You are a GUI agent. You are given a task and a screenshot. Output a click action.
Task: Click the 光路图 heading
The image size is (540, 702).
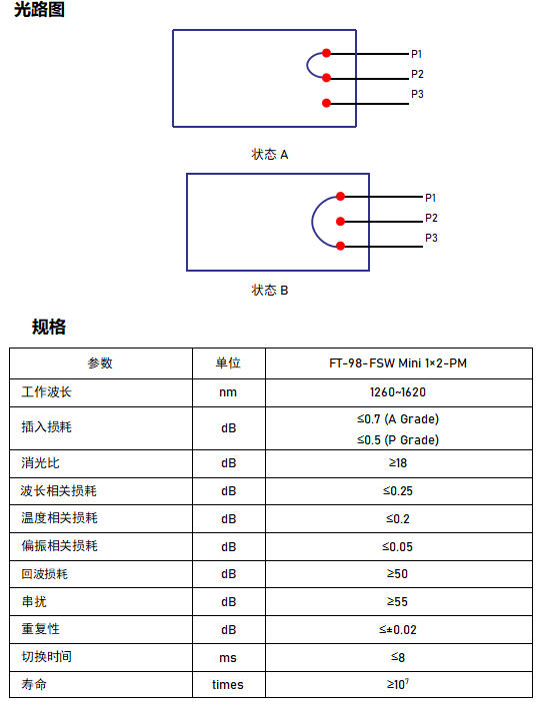coord(39,9)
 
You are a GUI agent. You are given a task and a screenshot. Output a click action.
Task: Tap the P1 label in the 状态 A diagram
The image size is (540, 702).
coord(417,54)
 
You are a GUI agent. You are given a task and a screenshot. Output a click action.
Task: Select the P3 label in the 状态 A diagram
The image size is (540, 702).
coord(417,94)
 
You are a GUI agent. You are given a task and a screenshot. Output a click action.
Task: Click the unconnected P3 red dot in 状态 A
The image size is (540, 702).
coord(327,104)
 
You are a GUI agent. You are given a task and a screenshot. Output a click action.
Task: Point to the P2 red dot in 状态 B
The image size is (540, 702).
coord(340,221)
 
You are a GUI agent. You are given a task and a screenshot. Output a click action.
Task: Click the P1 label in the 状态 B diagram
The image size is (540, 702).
coord(431,198)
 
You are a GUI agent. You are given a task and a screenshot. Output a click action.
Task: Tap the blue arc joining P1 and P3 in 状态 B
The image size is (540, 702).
coord(312,221)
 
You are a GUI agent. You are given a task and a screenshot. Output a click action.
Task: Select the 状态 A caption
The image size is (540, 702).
coord(270,155)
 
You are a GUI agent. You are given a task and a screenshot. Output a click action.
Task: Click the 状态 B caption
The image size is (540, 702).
coord(270,291)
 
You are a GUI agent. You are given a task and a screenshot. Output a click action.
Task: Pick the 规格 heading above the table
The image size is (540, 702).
coord(49,327)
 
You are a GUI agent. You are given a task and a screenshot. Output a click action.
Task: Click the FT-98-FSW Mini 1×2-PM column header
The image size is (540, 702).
coord(398,363)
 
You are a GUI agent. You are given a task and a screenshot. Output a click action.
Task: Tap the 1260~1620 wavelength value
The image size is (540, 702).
coord(398,392)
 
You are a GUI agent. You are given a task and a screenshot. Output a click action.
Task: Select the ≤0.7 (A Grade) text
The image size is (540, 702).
coord(398,419)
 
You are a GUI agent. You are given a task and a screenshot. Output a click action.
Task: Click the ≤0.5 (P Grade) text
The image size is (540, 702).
coord(398,440)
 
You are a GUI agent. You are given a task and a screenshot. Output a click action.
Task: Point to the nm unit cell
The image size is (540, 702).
coord(228,392)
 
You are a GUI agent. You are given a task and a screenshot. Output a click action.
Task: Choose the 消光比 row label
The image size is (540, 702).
coord(40,463)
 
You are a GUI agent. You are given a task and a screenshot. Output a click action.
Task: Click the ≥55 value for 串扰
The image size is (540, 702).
coord(397,602)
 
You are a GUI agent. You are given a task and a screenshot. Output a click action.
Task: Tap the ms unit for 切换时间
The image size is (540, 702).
coord(228,658)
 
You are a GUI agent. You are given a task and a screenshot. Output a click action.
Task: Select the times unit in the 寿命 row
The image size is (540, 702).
coord(228,685)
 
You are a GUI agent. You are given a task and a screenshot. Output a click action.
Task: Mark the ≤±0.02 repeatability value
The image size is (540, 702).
coord(398,630)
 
